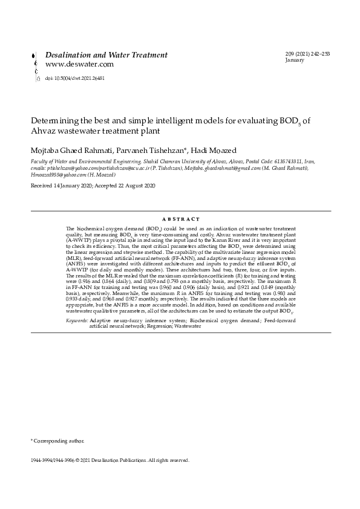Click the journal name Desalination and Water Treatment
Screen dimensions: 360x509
pyautogui.click(x=106, y=55)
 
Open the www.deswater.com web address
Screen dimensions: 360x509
pyautogui.click(x=80, y=64)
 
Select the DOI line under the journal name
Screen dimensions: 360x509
pyautogui.click(x=75, y=79)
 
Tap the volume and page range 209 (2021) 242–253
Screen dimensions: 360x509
pyautogui.click(x=307, y=54)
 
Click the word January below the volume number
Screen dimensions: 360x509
pyautogui.click(x=295, y=61)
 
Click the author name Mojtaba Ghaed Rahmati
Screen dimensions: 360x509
pyautogui.click(x=67, y=149)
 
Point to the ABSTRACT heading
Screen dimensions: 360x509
pyautogui.click(x=181, y=218)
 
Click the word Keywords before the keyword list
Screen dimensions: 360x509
pyautogui.click(x=76, y=319)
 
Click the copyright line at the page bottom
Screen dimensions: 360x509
pyautogui.click(x=110, y=461)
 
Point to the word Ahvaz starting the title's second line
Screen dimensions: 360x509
pyautogui.click(x=43, y=130)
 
